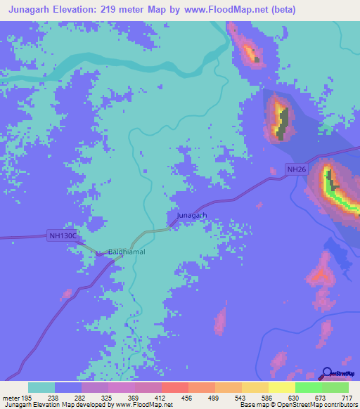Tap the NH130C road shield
click(63, 236)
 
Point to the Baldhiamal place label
click(127, 252)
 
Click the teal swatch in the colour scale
click(41, 387)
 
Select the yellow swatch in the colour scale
click(282, 387)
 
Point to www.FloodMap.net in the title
click(217, 10)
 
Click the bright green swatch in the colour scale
click(309, 387)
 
